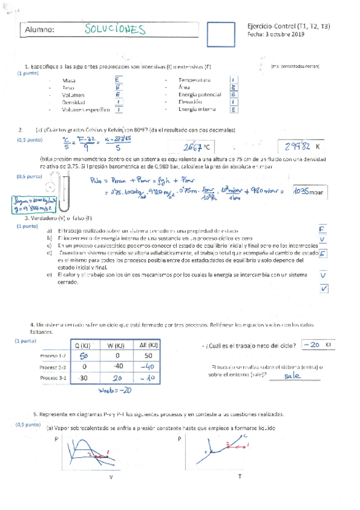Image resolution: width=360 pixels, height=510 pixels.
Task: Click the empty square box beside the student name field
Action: point(221,35)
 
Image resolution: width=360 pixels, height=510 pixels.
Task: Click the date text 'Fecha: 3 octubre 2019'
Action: point(275,35)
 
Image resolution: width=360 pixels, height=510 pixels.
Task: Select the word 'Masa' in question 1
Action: point(69,80)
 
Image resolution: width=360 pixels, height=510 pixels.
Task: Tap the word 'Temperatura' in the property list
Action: point(194,80)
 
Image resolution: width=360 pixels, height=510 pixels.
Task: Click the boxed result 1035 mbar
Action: point(312,191)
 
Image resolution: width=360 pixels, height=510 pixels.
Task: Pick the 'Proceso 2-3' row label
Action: point(53,367)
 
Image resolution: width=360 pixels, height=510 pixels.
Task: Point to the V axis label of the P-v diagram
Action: point(111,476)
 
